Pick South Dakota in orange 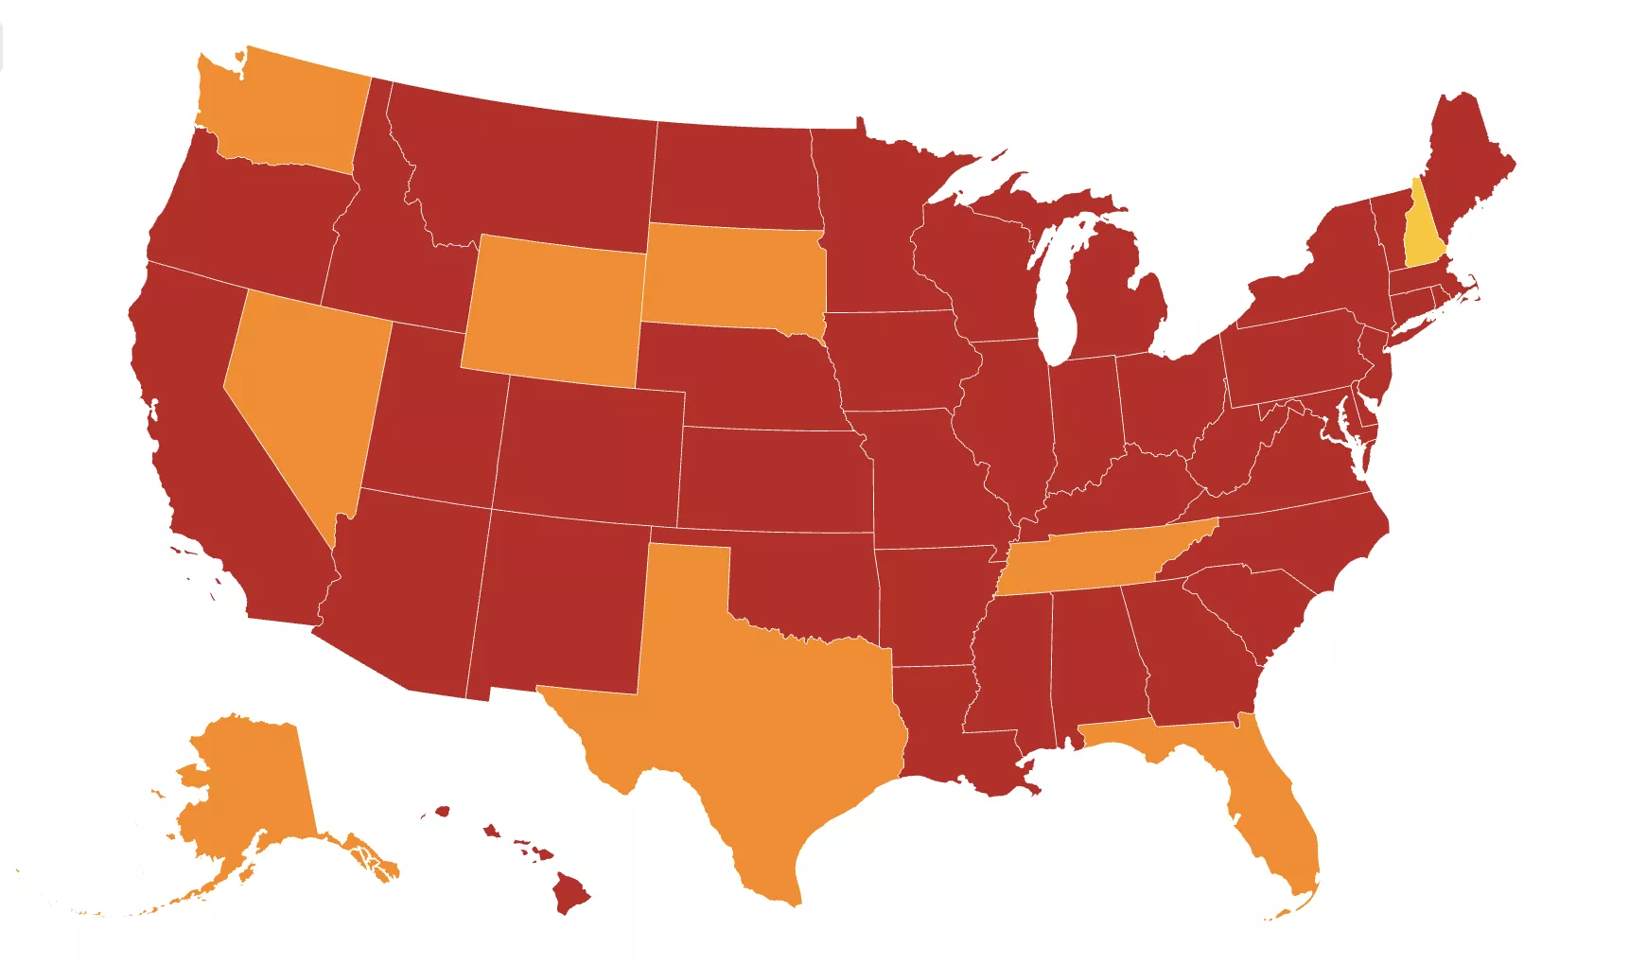tap(733, 274)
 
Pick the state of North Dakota tap(733, 175)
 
